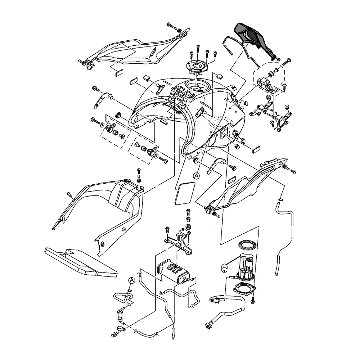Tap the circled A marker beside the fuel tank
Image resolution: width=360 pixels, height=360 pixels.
coord(196,175)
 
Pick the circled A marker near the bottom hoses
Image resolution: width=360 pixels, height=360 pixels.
coord(131,280)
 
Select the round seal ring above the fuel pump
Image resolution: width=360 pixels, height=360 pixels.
coord(247,245)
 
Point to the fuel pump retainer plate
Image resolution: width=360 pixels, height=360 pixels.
coord(244,290)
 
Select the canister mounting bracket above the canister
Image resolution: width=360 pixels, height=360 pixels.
coord(180,241)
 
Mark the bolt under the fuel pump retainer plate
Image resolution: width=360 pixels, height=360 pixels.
coord(253,300)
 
